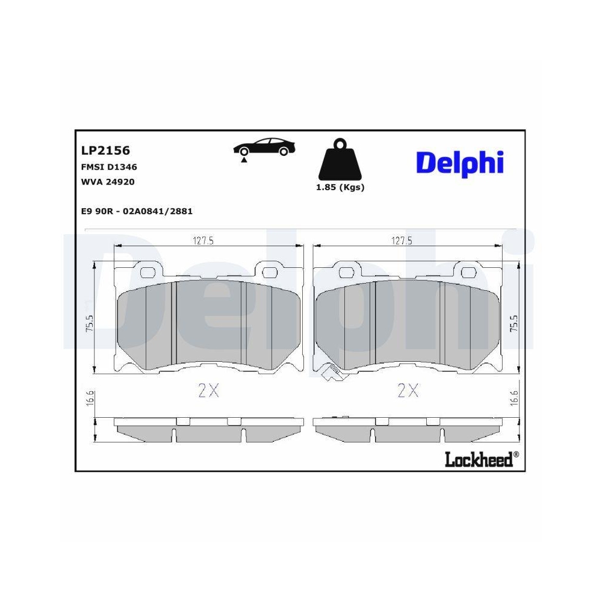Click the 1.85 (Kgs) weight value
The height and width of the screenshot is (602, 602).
tap(340, 187)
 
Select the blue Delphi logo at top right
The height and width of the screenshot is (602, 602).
tap(459, 162)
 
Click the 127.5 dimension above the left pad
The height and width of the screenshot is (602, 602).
tap(203, 240)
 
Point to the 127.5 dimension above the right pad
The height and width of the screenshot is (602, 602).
tap(402, 240)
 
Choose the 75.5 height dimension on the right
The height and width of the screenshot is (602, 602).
tap(513, 324)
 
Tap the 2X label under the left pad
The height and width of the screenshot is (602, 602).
tap(209, 391)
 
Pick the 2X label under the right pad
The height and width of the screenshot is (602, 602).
tap(408, 391)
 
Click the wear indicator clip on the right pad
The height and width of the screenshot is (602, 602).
tap(329, 374)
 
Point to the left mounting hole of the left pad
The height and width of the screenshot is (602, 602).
tap(147, 272)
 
